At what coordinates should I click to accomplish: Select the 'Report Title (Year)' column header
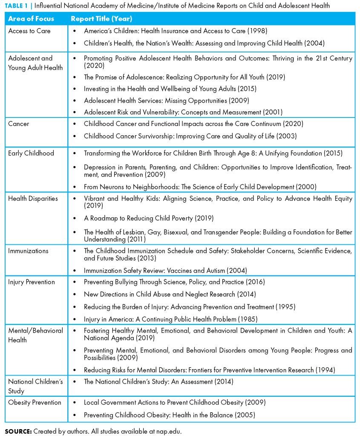(101, 19)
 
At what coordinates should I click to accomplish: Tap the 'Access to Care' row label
(29, 31)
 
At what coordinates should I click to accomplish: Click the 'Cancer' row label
(19, 124)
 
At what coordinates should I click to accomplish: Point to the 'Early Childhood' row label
(31, 153)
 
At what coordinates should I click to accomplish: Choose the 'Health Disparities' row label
(33, 198)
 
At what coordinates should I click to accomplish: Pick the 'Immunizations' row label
(28, 251)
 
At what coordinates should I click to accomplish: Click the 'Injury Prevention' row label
(32, 282)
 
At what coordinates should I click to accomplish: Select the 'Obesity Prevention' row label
(35, 402)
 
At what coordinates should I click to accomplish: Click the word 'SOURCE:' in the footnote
(18, 431)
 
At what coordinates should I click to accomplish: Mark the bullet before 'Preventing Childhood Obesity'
(75, 415)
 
